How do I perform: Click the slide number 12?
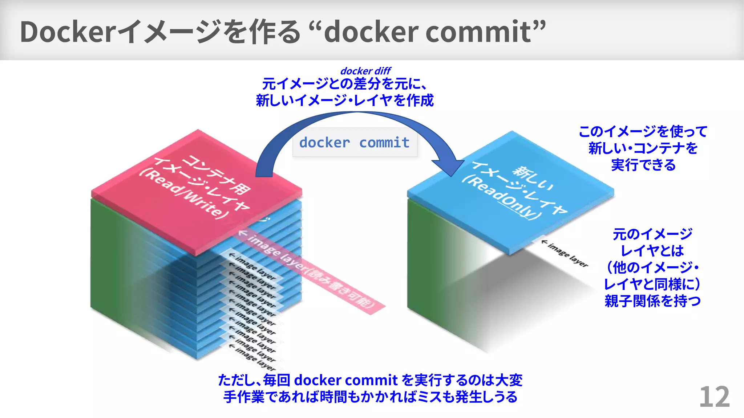(x=714, y=397)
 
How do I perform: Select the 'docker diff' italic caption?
(x=365, y=71)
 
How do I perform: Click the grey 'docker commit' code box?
(x=355, y=143)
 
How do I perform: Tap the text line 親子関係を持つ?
(x=652, y=301)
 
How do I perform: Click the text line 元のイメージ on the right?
(x=652, y=234)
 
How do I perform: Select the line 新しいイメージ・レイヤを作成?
(x=345, y=101)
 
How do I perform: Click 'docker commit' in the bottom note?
(x=345, y=380)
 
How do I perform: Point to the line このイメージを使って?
(x=643, y=131)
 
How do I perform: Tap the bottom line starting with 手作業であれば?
(x=370, y=397)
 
